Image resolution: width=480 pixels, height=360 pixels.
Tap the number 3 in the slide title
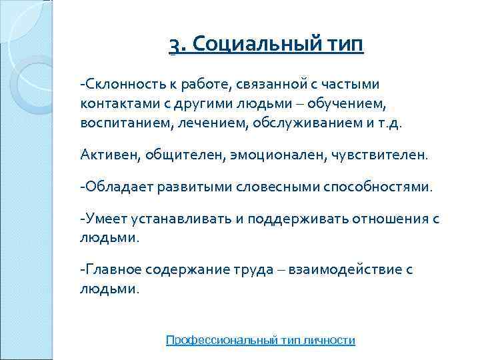coord(174,47)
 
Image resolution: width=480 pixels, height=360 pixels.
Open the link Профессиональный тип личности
coord(260,340)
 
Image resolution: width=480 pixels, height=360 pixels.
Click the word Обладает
coord(119,187)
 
